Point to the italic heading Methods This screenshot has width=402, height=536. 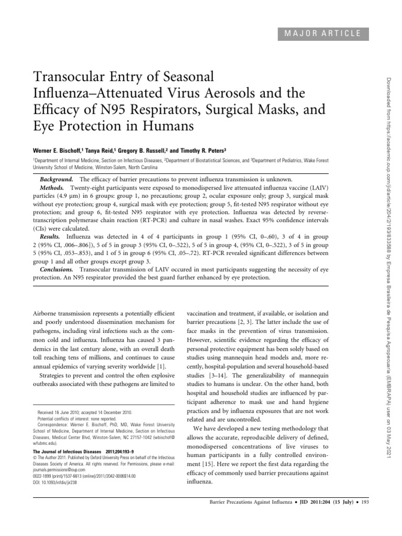coord(55,187)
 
